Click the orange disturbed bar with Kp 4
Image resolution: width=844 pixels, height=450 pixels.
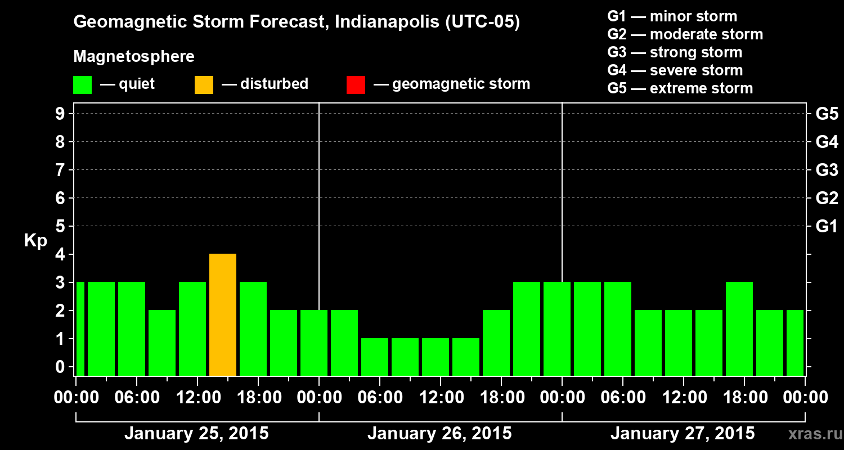coord(223,314)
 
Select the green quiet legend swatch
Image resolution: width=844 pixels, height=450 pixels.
coord(82,84)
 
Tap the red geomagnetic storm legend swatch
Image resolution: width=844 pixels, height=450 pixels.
coord(356,84)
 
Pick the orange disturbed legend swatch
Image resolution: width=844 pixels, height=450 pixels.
coord(204,84)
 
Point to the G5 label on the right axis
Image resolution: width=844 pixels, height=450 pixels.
coord(827,114)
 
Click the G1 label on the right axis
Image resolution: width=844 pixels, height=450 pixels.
coord(827,227)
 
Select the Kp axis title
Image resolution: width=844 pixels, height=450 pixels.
coord(35,241)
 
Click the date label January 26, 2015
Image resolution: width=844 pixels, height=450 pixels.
coord(439,434)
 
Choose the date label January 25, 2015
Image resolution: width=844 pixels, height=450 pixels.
coord(196,434)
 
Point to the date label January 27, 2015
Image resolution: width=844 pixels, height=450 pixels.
coord(683,434)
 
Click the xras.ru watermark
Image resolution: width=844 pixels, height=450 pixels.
coord(811,434)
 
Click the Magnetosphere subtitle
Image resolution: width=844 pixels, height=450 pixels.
coord(134,57)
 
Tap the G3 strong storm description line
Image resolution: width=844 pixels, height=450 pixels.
coord(675,52)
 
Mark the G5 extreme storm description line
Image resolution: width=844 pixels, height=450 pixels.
coord(680,88)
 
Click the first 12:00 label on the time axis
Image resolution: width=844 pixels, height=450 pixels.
coord(197,397)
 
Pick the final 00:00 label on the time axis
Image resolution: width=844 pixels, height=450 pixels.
coord(805,397)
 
